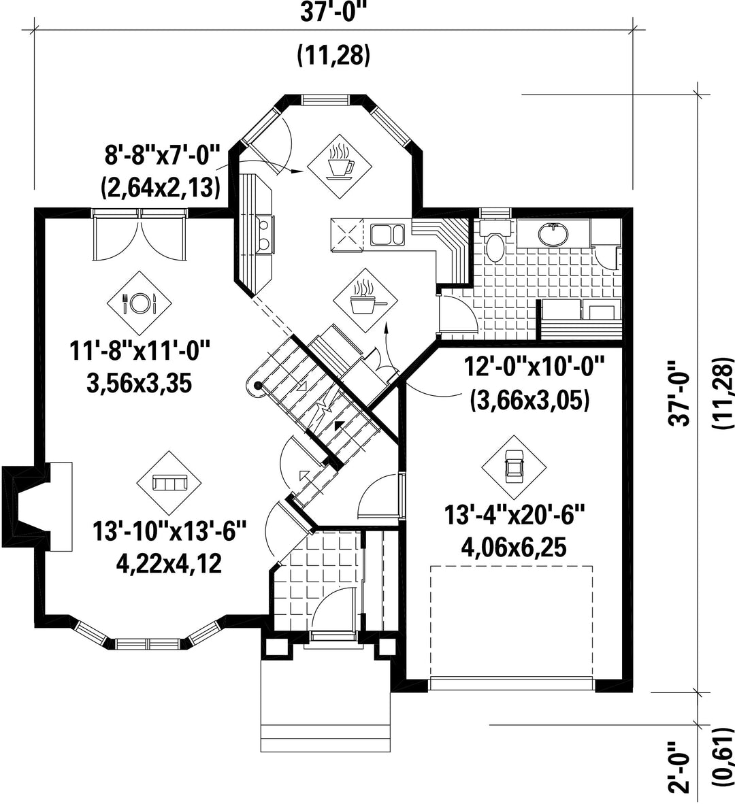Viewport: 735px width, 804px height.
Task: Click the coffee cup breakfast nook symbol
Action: [x=339, y=167]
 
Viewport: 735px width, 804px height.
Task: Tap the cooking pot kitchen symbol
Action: [x=365, y=301]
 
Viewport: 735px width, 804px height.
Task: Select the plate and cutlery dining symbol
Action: [x=139, y=303]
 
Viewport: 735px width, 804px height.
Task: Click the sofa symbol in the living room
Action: [x=169, y=482]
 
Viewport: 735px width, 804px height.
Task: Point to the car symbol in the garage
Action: [x=513, y=467]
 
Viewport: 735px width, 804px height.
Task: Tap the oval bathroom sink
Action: [x=553, y=234]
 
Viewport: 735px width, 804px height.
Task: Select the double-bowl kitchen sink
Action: [x=388, y=234]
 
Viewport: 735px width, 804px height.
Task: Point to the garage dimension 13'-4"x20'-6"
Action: [x=514, y=515]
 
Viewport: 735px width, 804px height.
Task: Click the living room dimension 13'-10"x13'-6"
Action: [x=169, y=531]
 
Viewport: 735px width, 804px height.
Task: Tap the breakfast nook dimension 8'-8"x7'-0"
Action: [x=162, y=155]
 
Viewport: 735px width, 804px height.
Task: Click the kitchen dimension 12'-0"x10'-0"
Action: [x=534, y=367]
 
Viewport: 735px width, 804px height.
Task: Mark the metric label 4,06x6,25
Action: [x=514, y=548]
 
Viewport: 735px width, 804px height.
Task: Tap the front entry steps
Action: [x=326, y=706]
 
